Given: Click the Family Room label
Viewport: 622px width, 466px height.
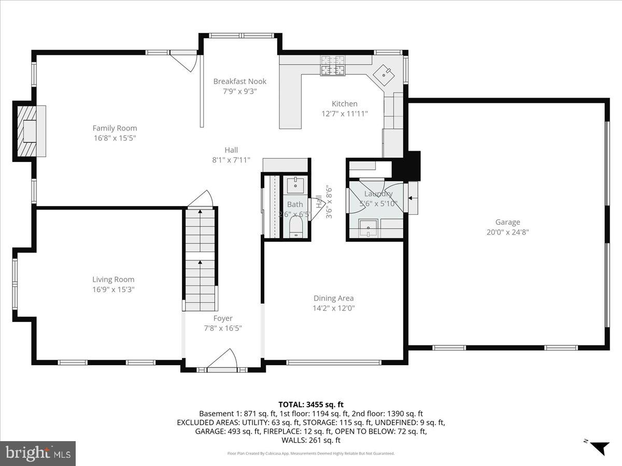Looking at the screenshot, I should click(x=115, y=128).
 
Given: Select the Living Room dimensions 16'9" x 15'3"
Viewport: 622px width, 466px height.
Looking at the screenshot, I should click(x=114, y=289).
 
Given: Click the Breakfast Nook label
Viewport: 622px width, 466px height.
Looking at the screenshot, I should click(x=239, y=81).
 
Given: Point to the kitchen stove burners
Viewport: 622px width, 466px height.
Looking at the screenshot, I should click(x=333, y=66).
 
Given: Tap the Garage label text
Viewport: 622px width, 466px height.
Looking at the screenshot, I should click(x=507, y=222).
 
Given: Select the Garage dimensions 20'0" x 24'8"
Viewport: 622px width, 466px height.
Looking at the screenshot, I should click(x=507, y=232).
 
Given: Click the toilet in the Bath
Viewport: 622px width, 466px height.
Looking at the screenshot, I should click(x=295, y=227).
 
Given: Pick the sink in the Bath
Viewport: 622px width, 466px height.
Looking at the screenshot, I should click(x=295, y=184).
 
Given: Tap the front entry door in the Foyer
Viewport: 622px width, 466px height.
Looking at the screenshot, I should click(x=222, y=360).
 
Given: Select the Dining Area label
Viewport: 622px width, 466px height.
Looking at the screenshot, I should click(x=333, y=298).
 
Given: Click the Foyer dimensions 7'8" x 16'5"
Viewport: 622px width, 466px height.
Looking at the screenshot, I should click(x=223, y=328).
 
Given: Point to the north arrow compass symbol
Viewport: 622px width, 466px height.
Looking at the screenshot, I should click(x=599, y=446).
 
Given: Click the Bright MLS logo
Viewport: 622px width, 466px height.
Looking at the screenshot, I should click(x=38, y=453).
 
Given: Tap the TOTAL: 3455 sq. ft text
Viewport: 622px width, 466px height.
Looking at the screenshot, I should click(x=311, y=404).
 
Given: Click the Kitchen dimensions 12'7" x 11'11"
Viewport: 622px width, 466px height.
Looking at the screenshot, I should click(x=345, y=113).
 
